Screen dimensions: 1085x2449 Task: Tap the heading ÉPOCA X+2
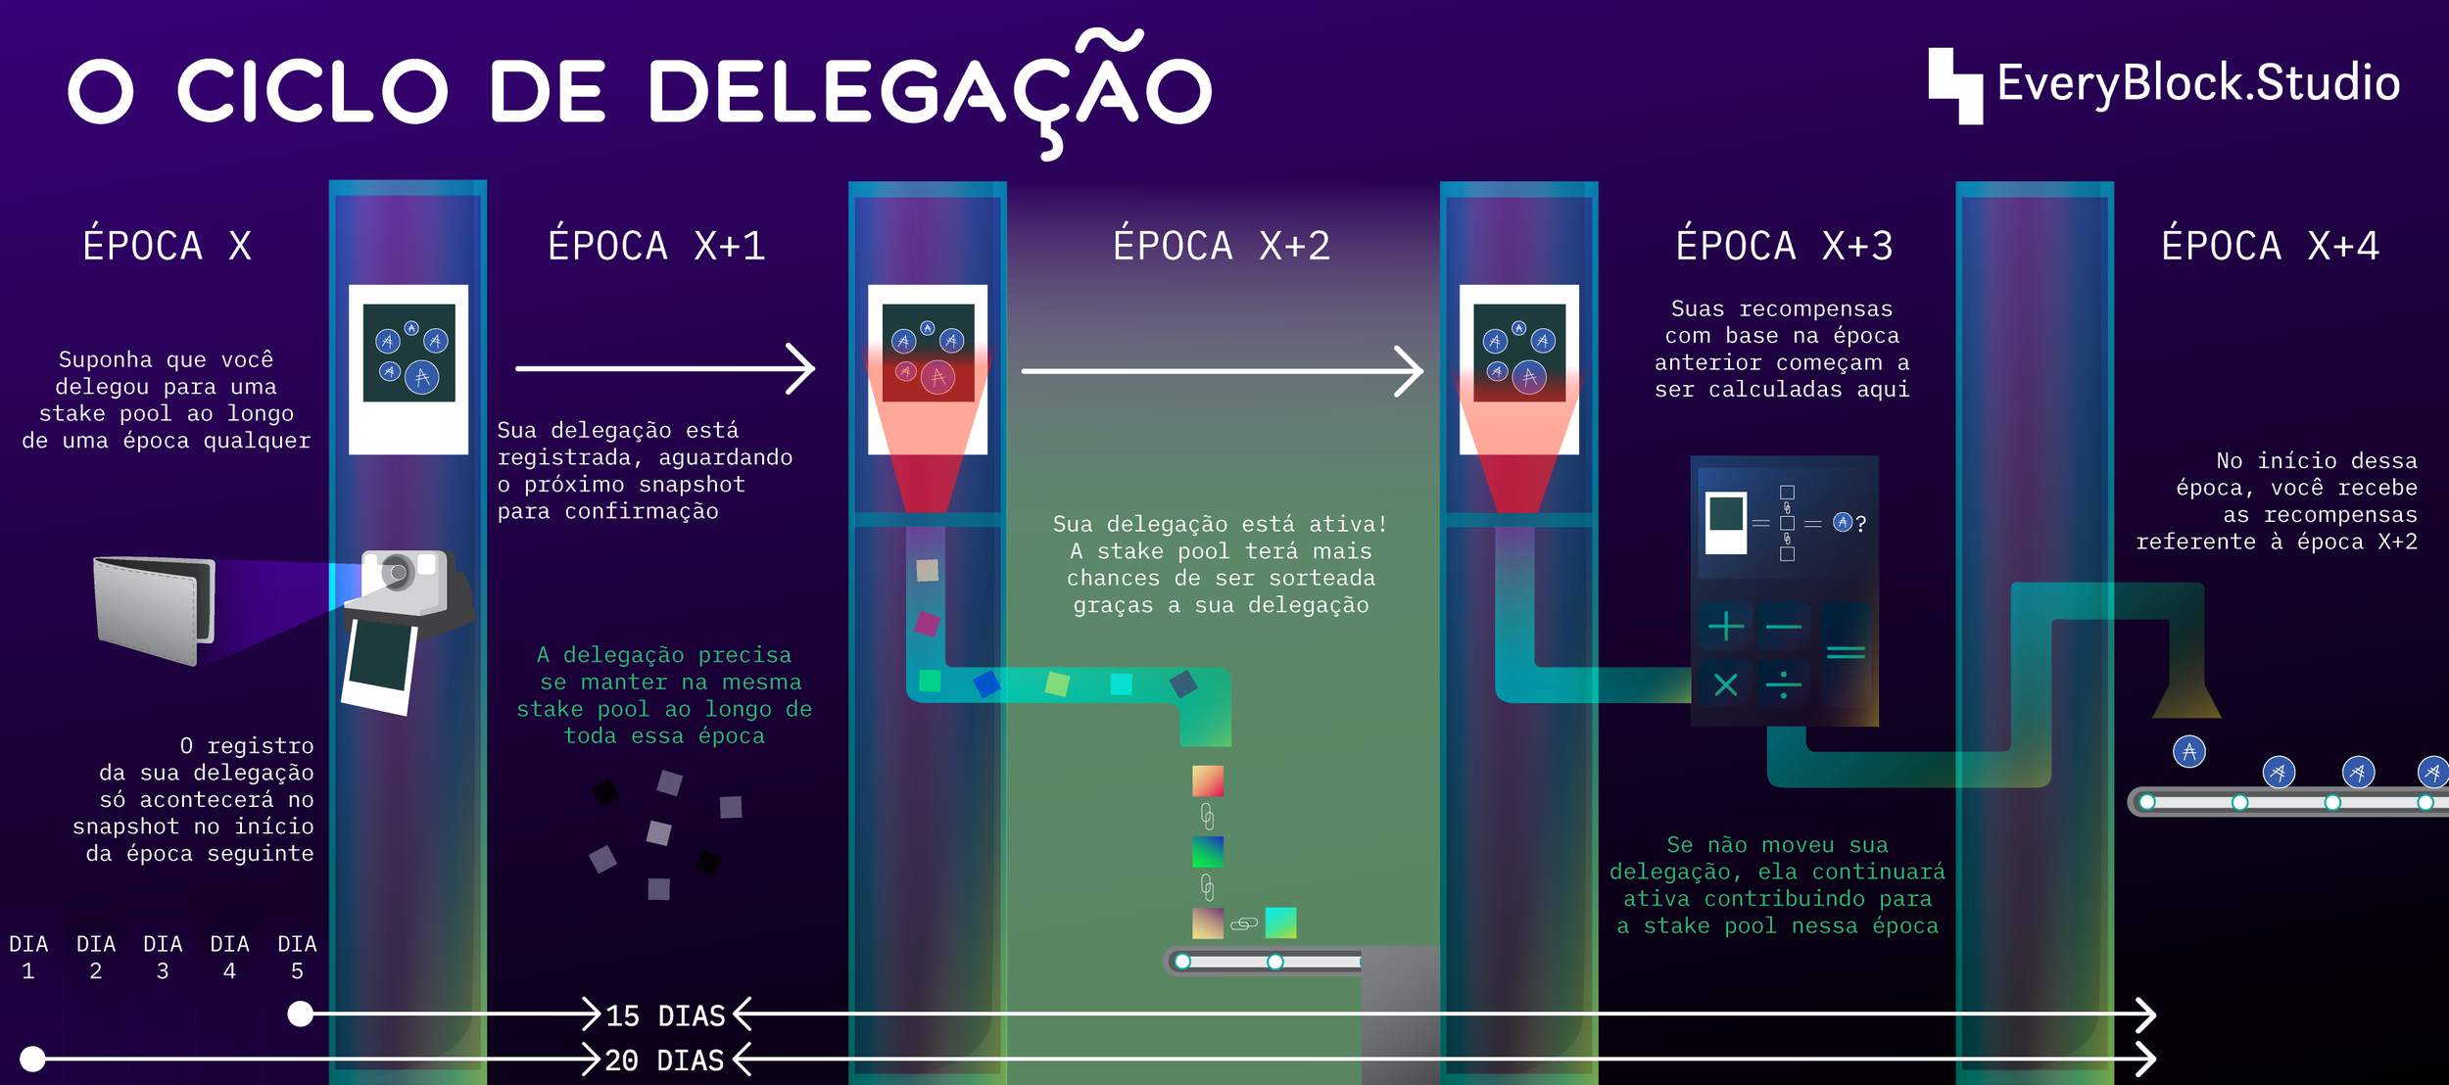click(x=1222, y=246)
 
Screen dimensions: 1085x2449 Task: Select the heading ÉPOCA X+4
click(x=2270, y=246)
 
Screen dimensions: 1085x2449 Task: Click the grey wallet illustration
click(x=154, y=609)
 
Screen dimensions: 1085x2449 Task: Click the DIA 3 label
click(x=163, y=957)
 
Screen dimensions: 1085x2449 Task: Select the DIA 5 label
click(x=297, y=957)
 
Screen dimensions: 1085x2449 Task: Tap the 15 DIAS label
click(x=665, y=1015)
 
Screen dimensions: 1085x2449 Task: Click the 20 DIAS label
click(x=664, y=1060)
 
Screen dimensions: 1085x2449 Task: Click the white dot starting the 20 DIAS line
click(x=32, y=1059)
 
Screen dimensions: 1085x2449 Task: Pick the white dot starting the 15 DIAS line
click(x=301, y=1014)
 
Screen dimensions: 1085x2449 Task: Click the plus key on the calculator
click(x=1725, y=626)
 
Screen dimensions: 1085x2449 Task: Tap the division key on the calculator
click(x=1783, y=684)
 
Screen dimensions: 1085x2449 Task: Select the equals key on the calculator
click(x=1846, y=652)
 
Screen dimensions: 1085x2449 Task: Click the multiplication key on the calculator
click(x=1725, y=684)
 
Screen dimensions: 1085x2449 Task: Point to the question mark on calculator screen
click(x=1860, y=524)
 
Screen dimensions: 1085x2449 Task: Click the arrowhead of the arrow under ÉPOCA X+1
click(x=803, y=369)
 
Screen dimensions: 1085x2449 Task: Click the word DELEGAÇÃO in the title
click(x=929, y=91)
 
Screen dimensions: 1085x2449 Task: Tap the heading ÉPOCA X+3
click(x=1784, y=246)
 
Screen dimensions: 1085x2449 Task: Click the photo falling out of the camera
click(x=379, y=668)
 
